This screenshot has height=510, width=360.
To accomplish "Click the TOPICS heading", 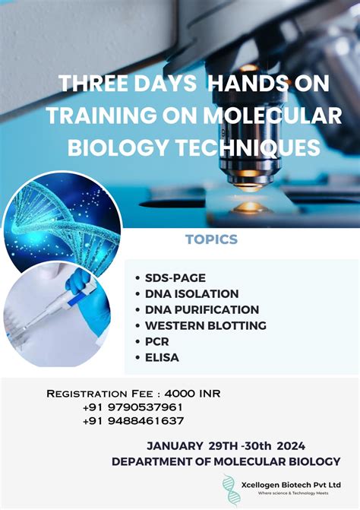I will coord(211,240).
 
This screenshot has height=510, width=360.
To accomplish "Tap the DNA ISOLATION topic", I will coord(191,293).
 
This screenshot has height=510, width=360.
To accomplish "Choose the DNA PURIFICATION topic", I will coord(201,309).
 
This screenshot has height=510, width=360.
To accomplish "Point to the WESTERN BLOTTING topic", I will coord(205,325).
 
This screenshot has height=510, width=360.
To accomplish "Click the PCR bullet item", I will coord(156,341).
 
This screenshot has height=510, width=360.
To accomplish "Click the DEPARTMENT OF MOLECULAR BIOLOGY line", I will coord(226,461).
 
